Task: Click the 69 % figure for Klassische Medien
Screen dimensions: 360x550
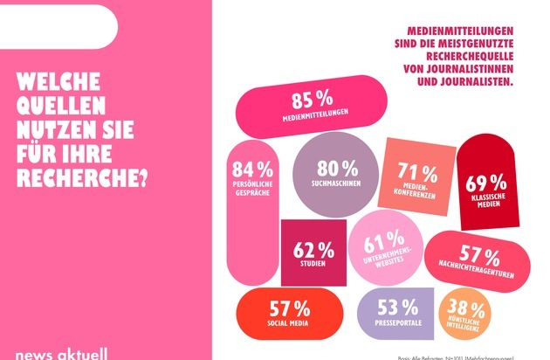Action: tap(486, 183)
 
